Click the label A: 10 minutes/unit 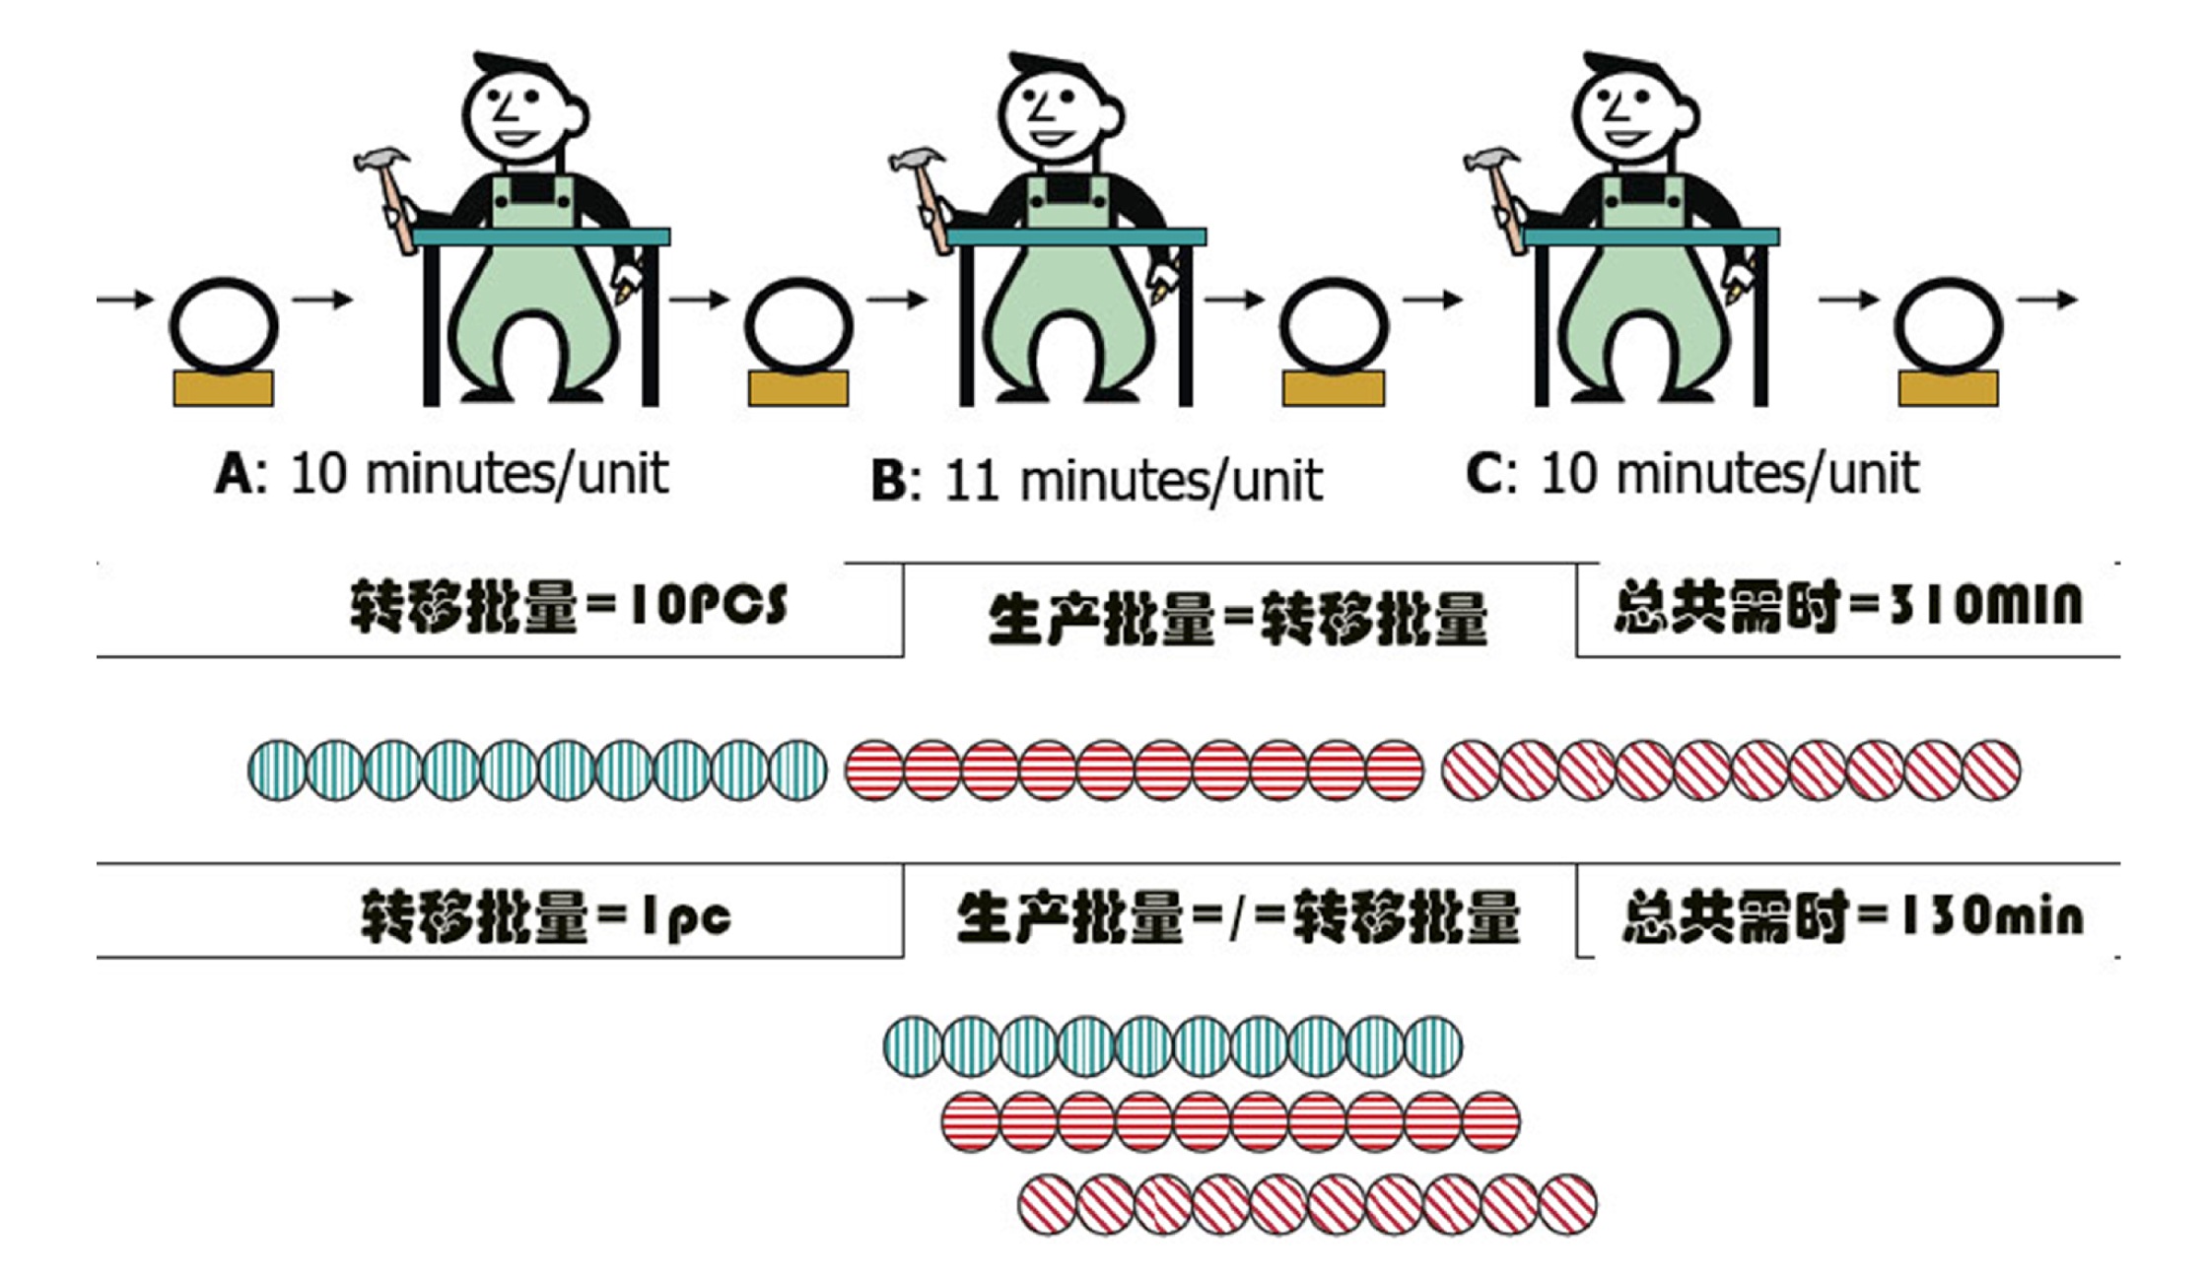[442, 474]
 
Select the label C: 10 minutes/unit [1691, 474]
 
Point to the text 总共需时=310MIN [1848, 604]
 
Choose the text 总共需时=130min [1852, 915]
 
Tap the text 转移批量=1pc [547, 915]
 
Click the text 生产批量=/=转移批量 [1238, 917]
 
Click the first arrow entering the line [125, 299]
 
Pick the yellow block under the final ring [1948, 388]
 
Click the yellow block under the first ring [224, 388]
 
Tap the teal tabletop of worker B [1076, 236]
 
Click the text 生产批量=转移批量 [1238, 619]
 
